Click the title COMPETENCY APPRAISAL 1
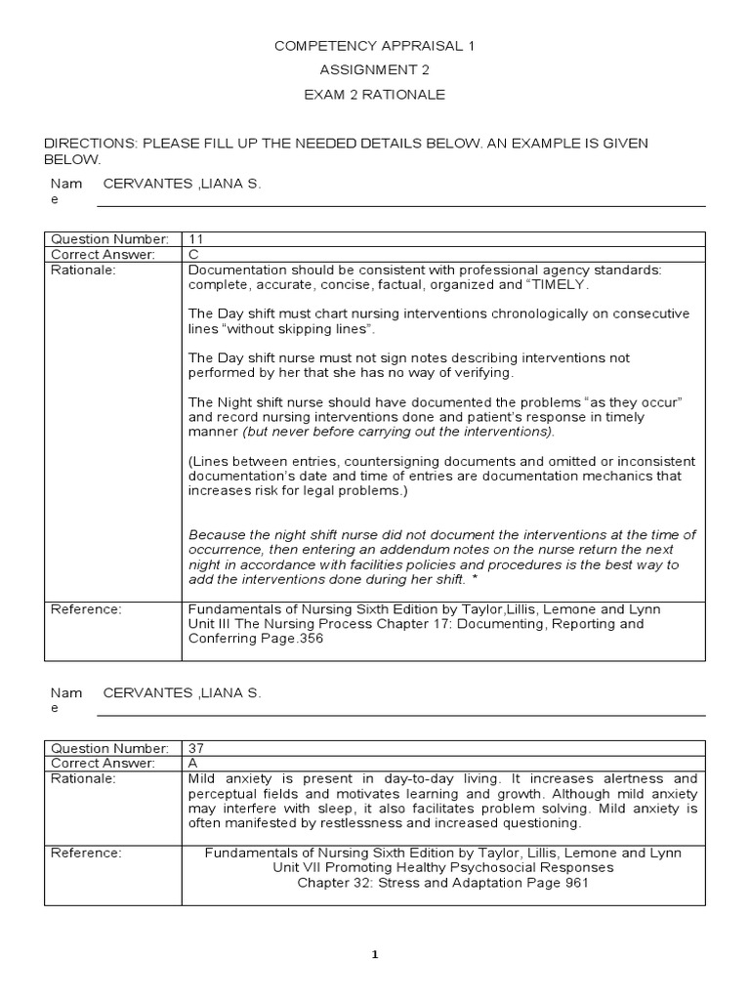[374, 46]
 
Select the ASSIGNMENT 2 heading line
[374, 70]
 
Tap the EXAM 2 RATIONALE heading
[374, 95]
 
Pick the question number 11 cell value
[195, 239]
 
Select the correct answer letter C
[193, 255]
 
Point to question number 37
[196, 748]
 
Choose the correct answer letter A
[193, 764]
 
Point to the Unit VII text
[296, 868]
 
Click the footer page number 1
[375, 954]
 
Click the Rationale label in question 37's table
[83, 779]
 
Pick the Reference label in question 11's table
[86, 609]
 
